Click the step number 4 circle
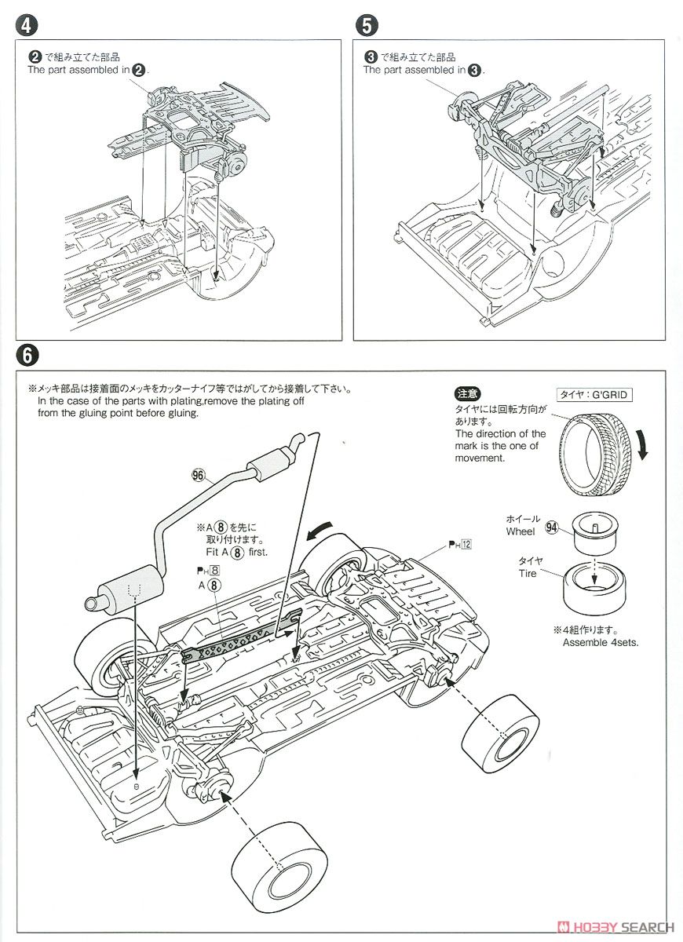27,25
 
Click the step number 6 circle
27,356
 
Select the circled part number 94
551,528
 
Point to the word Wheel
520,531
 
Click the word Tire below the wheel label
527,574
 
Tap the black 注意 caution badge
468,394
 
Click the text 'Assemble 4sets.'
601,642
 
